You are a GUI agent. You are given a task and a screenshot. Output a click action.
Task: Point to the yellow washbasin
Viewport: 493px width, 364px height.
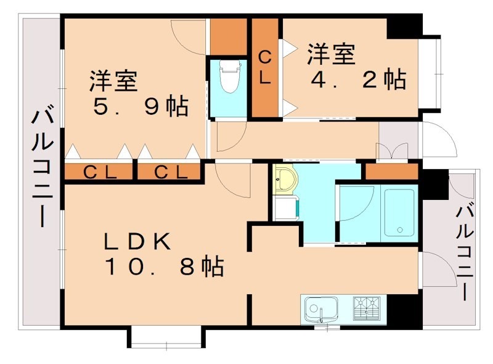[285, 180]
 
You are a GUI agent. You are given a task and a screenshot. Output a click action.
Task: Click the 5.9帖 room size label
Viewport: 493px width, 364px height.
[140, 107]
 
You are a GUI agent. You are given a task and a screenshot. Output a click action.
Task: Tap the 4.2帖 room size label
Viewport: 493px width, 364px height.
[356, 80]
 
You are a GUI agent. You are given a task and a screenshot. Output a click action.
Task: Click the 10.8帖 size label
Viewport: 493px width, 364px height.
[163, 268]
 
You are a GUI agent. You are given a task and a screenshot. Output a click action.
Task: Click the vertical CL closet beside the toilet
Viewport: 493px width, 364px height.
[264, 68]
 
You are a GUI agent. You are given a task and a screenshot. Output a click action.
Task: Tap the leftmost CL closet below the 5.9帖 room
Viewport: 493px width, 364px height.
[99, 172]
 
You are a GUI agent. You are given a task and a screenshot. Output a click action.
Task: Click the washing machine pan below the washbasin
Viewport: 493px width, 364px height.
[287, 207]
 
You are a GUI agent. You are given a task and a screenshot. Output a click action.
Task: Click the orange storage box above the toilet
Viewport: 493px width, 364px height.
[229, 36]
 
